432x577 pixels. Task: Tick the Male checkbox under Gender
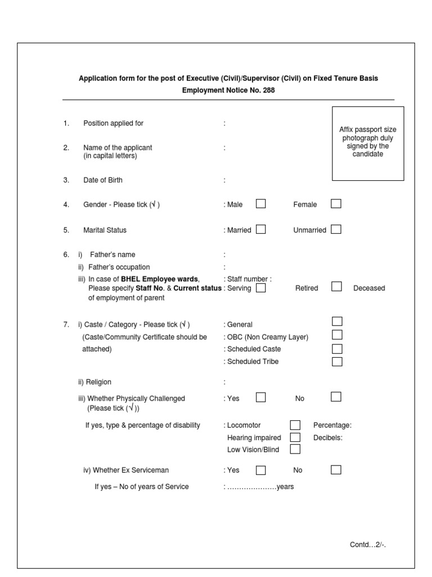[260, 204]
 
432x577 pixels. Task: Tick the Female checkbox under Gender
[336, 204]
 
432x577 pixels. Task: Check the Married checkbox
[260, 229]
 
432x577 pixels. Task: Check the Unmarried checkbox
[336, 229]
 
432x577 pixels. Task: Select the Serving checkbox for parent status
[260, 288]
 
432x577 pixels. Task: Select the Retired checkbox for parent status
[336, 287]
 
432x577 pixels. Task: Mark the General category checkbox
[337, 321]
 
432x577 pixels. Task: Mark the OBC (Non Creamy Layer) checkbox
[337, 335]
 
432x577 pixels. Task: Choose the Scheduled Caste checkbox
[337, 348]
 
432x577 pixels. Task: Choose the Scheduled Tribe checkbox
[337, 361]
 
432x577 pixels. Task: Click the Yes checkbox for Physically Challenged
[260, 397]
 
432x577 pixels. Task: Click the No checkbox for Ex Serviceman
[336, 469]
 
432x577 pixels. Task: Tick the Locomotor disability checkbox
[295, 425]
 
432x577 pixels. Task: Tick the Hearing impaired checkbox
[295, 437]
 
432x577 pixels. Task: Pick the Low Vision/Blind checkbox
[295, 449]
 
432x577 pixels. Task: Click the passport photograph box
[367, 143]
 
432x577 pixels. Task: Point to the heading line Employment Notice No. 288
[228, 90]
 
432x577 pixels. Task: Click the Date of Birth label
[103, 180]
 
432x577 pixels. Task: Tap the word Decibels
[328, 437]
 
